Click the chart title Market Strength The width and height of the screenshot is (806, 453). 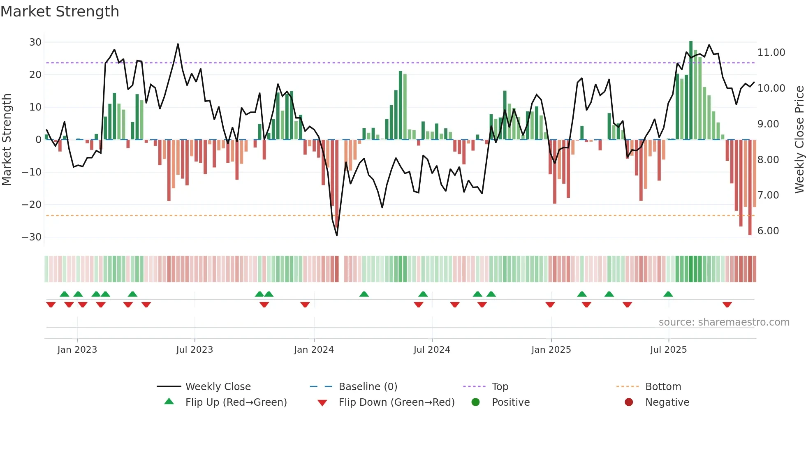click(60, 12)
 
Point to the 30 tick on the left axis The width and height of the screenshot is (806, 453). click(35, 42)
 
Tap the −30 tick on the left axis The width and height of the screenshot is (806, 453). click(32, 237)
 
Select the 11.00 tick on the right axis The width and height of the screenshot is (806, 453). click(771, 53)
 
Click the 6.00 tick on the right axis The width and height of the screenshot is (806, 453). click(768, 231)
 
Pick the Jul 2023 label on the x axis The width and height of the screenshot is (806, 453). click(195, 350)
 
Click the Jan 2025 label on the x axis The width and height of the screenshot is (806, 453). click(551, 350)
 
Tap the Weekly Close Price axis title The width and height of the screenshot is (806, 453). click(799, 139)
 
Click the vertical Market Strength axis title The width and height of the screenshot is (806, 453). click(7, 139)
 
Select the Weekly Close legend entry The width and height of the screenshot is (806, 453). click(218, 387)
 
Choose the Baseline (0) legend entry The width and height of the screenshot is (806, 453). click(368, 387)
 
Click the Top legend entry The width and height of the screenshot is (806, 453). click(500, 387)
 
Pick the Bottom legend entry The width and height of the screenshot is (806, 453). click(663, 387)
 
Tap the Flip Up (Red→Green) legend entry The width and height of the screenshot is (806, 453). click(236, 402)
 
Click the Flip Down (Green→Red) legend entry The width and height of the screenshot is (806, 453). click(396, 402)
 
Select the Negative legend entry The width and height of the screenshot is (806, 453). click(667, 402)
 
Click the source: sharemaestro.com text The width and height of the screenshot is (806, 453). click(724, 322)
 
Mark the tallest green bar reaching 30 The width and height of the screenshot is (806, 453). click(691, 90)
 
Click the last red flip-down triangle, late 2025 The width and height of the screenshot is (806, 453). click(727, 305)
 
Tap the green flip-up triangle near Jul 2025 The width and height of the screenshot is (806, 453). click(668, 294)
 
